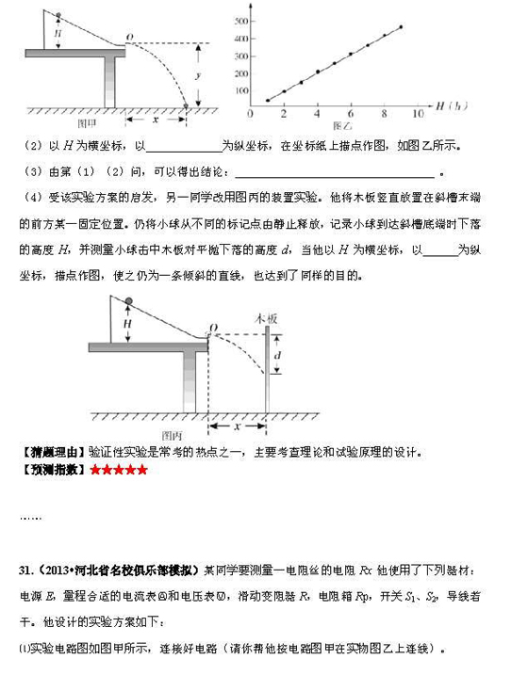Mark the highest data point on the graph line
402,26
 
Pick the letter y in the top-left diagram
209,73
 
